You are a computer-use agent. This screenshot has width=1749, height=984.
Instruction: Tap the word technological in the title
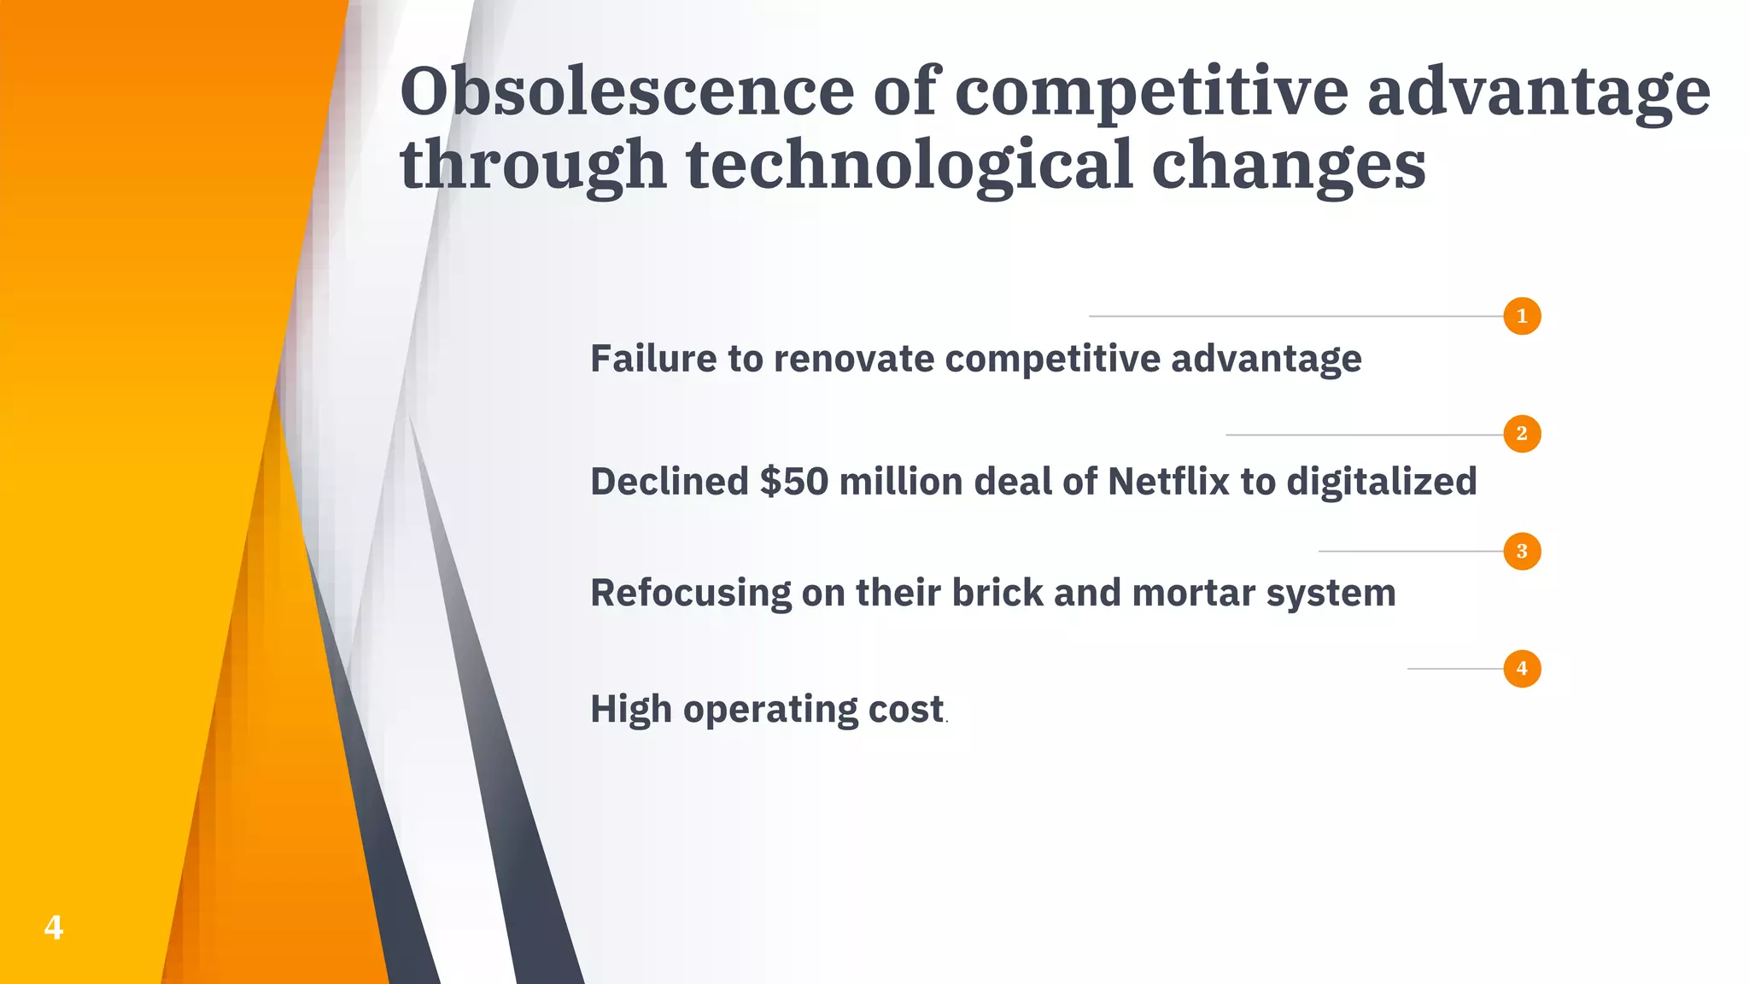(x=910, y=164)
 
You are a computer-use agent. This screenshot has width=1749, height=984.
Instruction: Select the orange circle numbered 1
(x=1522, y=316)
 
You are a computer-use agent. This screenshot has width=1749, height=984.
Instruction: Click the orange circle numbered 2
(x=1522, y=434)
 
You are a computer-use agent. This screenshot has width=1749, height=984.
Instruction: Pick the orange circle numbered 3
(x=1522, y=551)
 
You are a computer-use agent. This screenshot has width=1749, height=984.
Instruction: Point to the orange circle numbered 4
(x=1522, y=668)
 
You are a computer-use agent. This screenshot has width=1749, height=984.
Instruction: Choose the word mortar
(x=1193, y=593)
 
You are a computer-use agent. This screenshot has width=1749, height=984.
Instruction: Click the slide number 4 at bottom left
(x=53, y=927)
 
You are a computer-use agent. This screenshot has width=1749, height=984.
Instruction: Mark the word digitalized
(x=1381, y=482)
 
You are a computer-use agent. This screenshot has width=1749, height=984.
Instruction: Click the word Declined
(x=670, y=482)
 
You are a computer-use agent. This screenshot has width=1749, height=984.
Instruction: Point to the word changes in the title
(x=1288, y=164)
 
